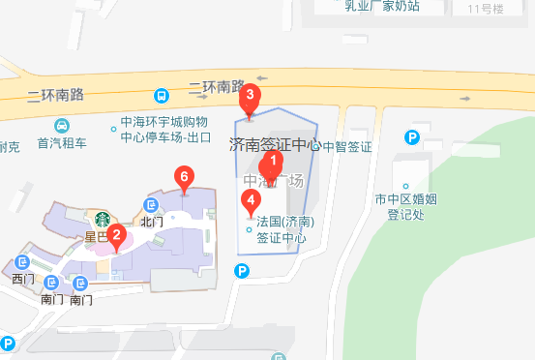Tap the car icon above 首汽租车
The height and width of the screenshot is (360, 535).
pyautogui.click(x=61, y=126)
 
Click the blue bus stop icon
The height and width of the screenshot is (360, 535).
pyautogui.click(x=160, y=96)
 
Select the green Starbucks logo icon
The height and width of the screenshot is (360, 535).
pyautogui.click(x=99, y=219)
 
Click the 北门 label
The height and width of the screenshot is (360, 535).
pyautogui.click(x=151, y=222)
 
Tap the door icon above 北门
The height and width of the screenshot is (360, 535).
pyautogui.click(x=151, y=205)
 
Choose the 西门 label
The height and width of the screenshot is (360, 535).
pyautogui.click(x=22, y=280)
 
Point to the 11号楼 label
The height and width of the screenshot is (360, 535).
pyautogui.click(x=486, y=9)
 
